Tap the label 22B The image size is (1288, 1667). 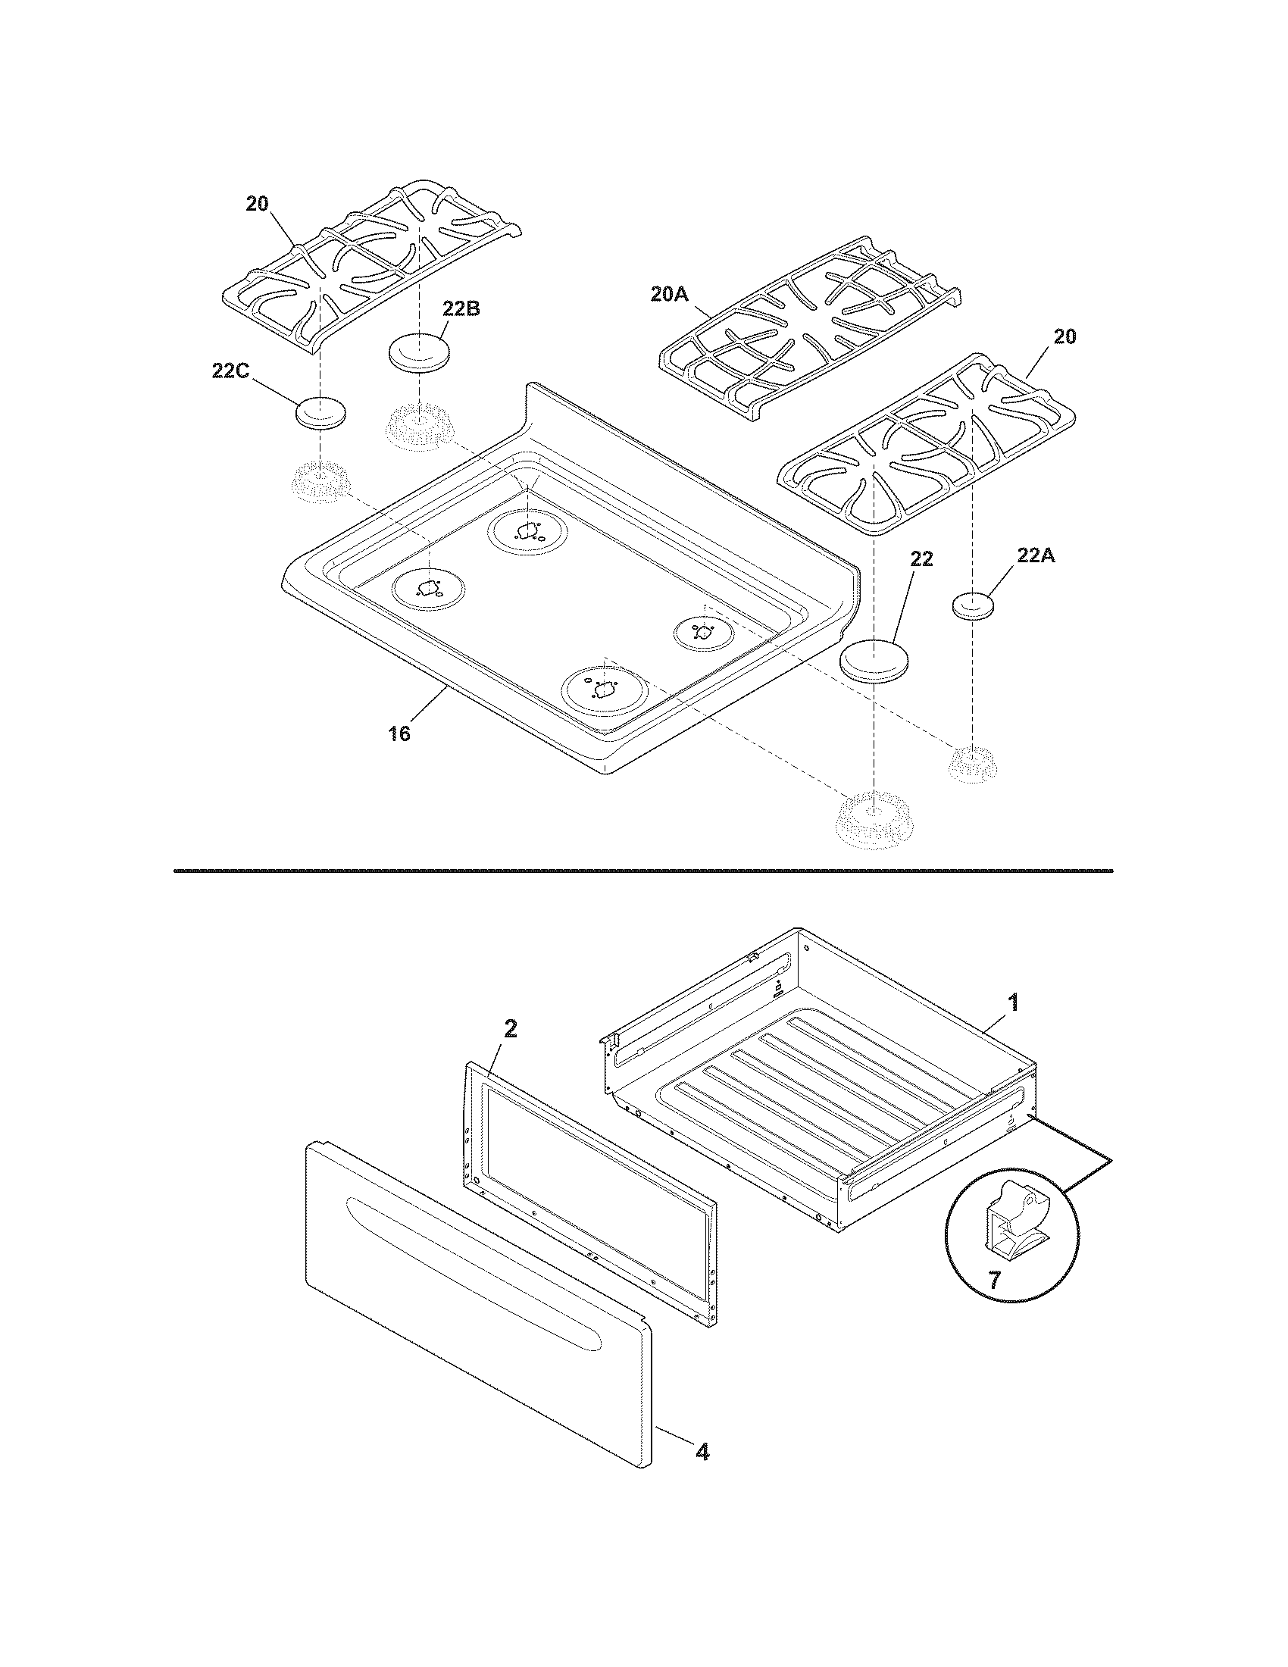click(461, 309)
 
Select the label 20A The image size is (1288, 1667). click(671, 294)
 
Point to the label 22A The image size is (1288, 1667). click(1036, 556)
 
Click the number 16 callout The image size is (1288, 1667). click(399, 733)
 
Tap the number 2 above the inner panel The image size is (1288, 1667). click(511, 1028)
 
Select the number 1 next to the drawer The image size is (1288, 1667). click(1012, 1002)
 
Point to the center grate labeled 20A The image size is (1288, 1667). click(809, 328)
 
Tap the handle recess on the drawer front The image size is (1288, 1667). click(473, 1259)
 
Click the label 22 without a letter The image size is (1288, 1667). click(921, 559)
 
